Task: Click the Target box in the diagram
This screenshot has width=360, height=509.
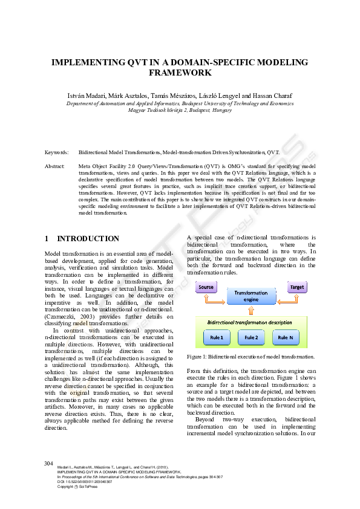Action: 296,288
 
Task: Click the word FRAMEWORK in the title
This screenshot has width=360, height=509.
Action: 180,73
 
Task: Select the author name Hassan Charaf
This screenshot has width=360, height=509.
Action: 276,96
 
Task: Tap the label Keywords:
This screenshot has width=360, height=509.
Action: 57,154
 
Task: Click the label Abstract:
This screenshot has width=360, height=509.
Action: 55,165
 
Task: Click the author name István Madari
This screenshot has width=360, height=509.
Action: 86,96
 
